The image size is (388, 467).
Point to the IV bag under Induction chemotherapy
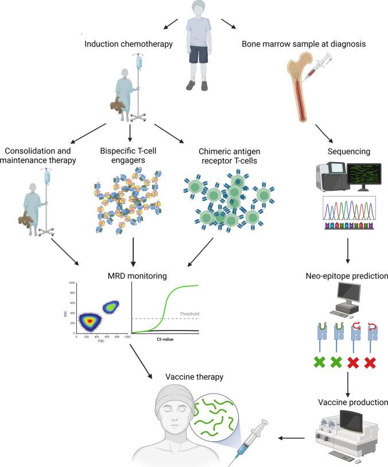(137, 63)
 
